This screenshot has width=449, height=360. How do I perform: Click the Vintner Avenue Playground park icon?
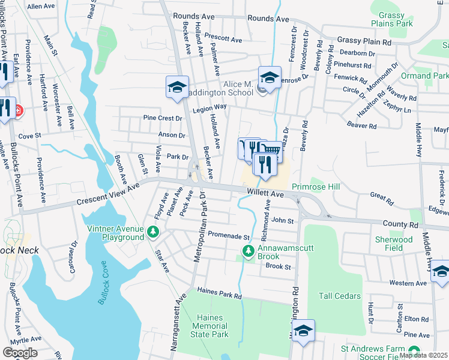point(154,230)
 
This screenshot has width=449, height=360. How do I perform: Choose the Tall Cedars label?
point(340,296)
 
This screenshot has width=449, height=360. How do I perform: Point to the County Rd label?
point(401,224)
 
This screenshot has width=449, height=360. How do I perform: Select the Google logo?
point(20,352)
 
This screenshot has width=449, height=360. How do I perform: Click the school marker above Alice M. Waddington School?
point(270,77)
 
